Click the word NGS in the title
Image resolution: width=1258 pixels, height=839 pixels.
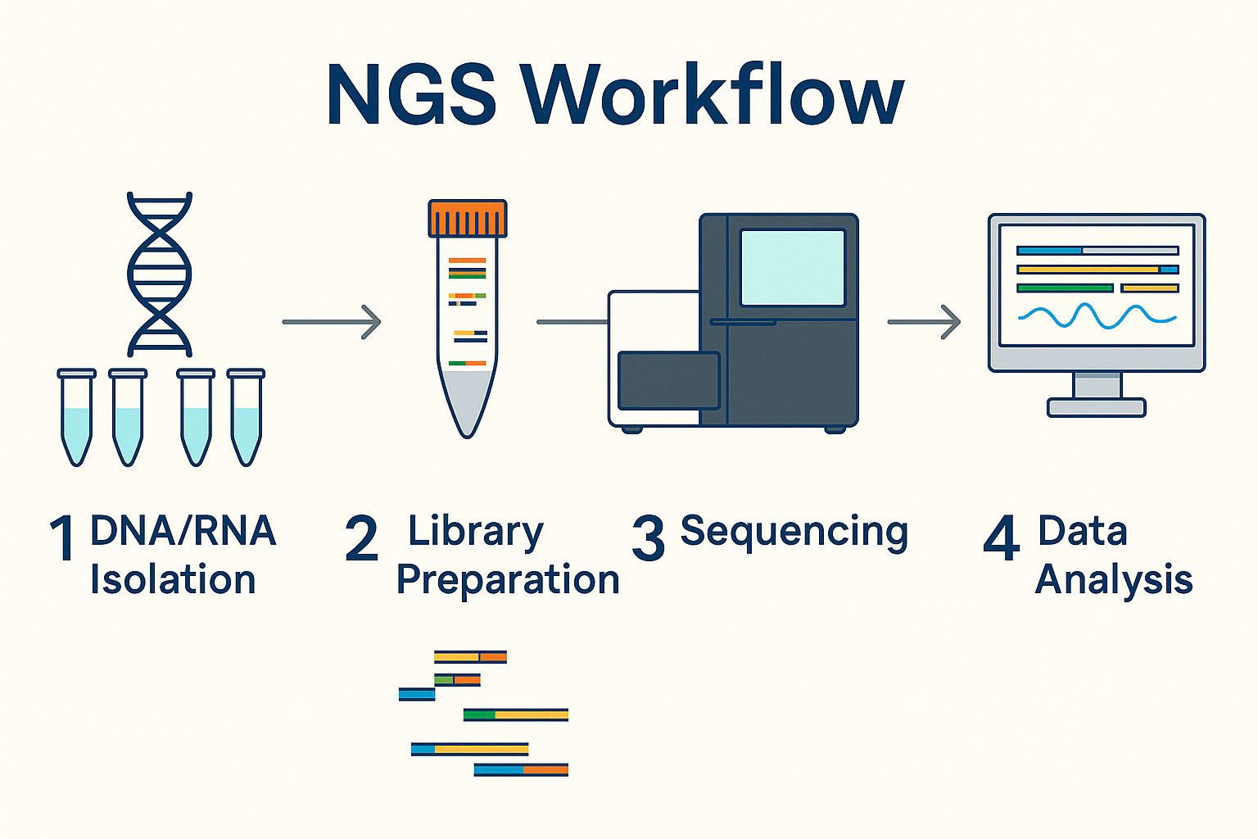pos(411,95)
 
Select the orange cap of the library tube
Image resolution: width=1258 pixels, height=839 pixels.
pos(468,218)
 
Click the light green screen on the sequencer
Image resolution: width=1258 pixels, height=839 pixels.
pos(792,268)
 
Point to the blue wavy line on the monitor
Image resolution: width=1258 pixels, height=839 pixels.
pos(1097,315)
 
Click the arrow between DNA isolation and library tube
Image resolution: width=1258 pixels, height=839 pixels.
pos(332,322)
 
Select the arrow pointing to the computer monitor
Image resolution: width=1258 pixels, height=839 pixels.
pos(924,322)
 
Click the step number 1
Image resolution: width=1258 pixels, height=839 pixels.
pos(63,539)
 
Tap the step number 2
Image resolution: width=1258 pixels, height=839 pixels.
pos(361,539)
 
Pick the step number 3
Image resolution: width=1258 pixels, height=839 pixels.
pos(648,539)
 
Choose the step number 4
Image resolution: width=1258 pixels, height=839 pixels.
pos(1001,539)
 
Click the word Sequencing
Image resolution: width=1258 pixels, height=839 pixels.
pos(794,533)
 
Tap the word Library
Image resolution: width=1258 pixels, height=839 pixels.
pos(475,533)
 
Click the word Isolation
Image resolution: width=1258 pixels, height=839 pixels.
pos(173,580)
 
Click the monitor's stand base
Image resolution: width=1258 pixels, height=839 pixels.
pos(1096,407)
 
